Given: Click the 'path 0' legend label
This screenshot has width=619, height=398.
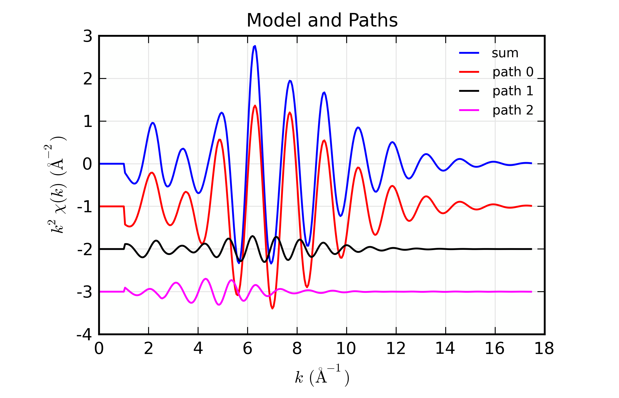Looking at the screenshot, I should (513, 72).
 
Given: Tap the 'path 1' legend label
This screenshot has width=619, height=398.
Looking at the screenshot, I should (513, 91).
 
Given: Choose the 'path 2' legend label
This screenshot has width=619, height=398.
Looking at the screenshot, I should (513, 110).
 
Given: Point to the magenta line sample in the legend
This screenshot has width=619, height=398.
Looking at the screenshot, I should (469, 110).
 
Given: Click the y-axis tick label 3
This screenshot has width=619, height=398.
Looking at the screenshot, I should (88, 36).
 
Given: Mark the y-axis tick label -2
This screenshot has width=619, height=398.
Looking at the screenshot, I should (84, 249).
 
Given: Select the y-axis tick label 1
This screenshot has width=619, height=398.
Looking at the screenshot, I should (88, 121).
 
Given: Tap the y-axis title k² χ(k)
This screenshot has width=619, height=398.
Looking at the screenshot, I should (56, 185).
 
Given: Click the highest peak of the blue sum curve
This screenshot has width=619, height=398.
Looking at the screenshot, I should (255, 46).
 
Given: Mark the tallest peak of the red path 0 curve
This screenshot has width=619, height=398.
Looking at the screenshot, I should (255, 106).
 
